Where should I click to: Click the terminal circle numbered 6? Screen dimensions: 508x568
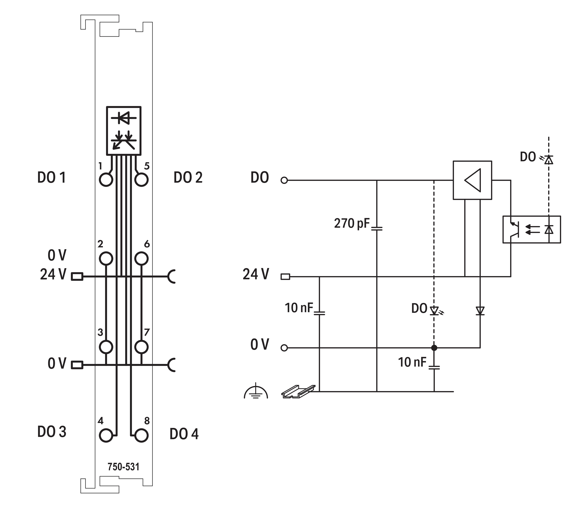[141, 258]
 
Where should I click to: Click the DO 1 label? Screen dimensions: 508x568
[52, 177]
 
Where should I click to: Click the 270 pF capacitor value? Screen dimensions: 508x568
[352, 224]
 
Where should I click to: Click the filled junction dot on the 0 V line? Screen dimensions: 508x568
[434, 348]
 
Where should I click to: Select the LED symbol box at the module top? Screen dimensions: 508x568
[124, 130]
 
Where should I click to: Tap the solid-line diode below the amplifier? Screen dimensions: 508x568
[480, 311]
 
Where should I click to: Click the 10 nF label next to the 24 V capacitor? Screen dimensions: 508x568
[299, 308]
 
